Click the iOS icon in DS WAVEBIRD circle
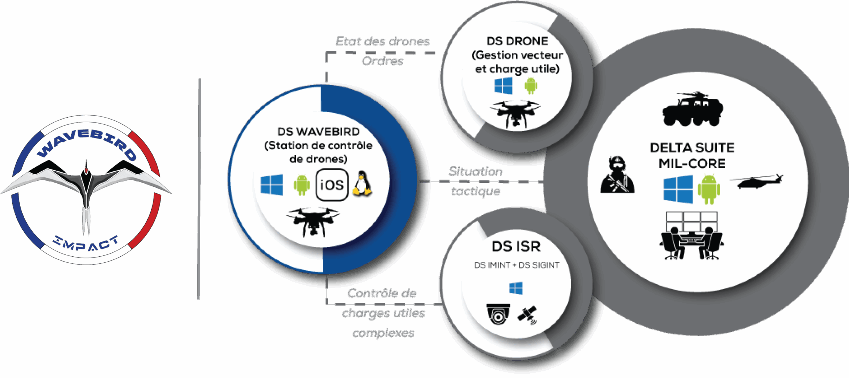point(332,185)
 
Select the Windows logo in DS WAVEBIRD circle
point(272,185)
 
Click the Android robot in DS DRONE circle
point(531,86)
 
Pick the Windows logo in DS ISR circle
point(516,288)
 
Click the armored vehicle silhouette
point(692,110)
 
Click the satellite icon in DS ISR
point(527,315)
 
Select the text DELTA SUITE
point(692,148)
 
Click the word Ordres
point(382,61)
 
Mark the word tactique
point(476,191)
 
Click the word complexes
point(383,333)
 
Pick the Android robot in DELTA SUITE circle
point(709,190)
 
